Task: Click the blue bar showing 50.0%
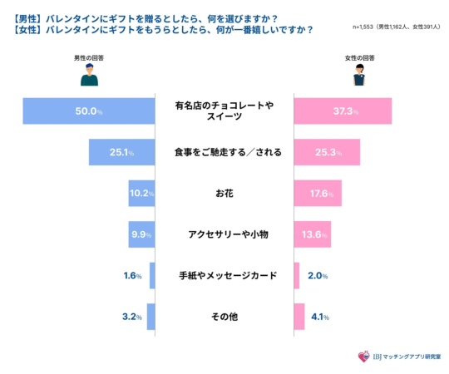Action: click(89, 111)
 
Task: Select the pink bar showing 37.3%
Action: click(343, 111)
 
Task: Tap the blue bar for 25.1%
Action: click(122, 152)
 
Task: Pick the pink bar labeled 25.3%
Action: click(327, 152)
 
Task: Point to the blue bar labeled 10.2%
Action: click(142, 194)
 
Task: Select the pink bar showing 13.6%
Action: click(312, 234)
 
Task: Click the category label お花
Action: click(224, 194)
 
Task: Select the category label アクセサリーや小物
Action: click(224, 234)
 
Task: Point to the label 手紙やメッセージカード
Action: click(224, 275)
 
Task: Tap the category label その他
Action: click(224, 316)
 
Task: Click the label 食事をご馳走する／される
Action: click(224, 152)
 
